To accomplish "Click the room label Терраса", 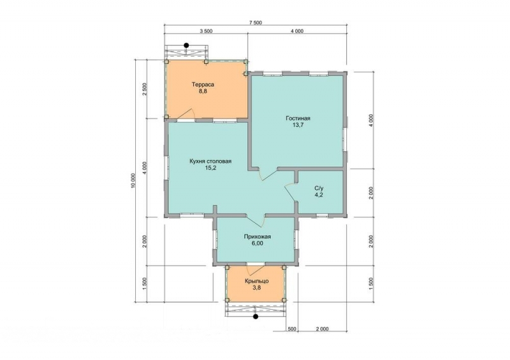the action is pos(203,85).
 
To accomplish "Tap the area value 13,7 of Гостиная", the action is pos(298,125).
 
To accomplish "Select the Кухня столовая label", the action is pos(210,161).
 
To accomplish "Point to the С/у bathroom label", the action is pos(319,189).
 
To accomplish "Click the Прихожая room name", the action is pos(258,237).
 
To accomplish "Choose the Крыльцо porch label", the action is pos(257,281).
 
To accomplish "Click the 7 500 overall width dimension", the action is pos(256,23).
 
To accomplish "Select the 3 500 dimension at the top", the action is pos(206,31).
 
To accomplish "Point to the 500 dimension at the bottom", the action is pos(292,329).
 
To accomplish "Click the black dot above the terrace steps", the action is pos(186,45).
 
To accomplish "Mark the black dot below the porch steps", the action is pos(256,316).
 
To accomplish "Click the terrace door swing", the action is pos(186,114).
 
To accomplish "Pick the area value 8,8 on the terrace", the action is pos(203,91).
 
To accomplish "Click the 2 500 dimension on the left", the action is pos(145,89).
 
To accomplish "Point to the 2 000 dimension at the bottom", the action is pos(322,329).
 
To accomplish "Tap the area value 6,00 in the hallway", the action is pos(257,243).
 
